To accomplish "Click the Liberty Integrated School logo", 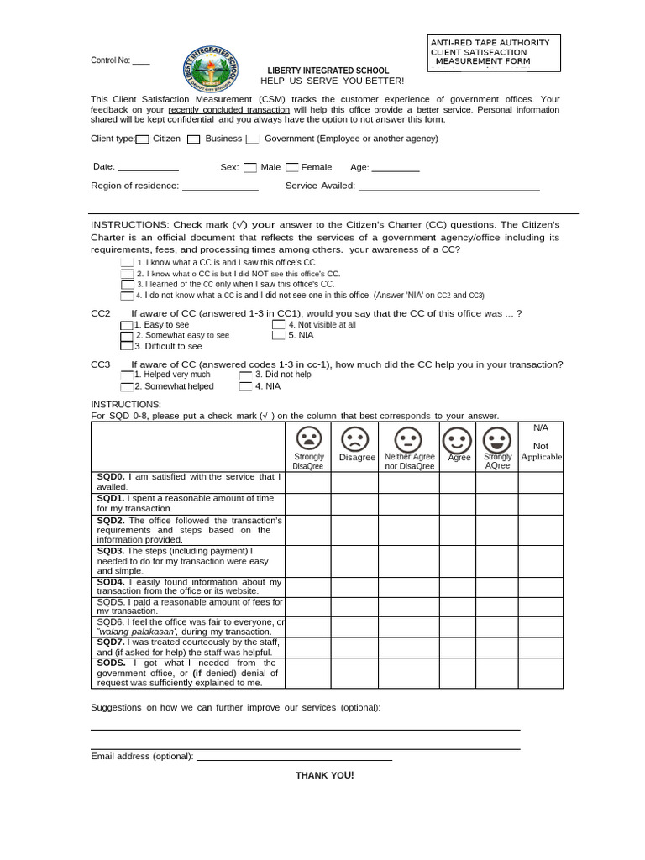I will coord(211,69).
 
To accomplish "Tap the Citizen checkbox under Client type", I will coord(143,139).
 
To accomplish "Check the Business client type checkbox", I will coord(193,139).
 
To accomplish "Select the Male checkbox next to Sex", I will coord(250,167).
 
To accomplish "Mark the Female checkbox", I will coord(291,167).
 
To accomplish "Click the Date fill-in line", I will coord(148,170).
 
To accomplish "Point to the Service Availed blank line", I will coord(448,190).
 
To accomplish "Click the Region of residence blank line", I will coord(220,190).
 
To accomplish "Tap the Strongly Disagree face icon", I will coord(308,438).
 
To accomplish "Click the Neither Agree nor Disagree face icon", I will coord(408,438).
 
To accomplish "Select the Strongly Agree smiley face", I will coord(497,438).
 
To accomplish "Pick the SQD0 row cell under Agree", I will coord(457,482).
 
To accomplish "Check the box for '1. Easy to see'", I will coord(126,325).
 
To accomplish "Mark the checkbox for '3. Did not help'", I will coord(245,375).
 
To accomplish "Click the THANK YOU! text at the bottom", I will coord(324,775).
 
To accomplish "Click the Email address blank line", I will coord(294,758).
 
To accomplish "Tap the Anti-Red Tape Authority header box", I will coord(493,52).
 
